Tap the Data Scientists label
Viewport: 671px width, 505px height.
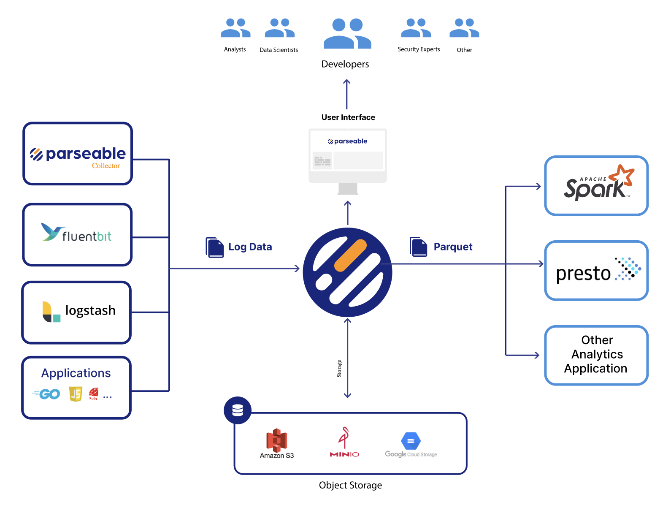(279, 50)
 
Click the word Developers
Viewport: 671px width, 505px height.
(345, 64)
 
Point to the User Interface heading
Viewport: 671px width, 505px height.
(348, 117)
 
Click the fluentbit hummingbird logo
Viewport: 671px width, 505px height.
(52, 232)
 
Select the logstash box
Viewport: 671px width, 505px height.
(77, 312)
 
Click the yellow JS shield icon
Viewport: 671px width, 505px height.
(76, 394)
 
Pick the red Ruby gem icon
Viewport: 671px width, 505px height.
(94, 393)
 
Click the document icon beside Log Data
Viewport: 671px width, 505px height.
(214, 247)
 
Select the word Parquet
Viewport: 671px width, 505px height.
(453, 247)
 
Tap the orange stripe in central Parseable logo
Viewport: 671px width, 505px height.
(350, 255)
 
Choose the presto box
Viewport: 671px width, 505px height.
(596, 271)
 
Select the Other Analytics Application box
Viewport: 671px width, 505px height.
(596, 355)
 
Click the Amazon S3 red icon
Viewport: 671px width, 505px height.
(277, 439)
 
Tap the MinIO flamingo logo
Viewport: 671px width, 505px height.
(344, 438)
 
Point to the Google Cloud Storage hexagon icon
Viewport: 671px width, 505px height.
(411, 441)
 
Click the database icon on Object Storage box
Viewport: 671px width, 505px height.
(238, 410)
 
